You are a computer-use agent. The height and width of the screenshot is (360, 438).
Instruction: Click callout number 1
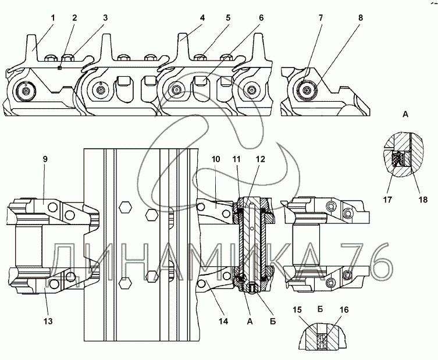[x=53, y=18]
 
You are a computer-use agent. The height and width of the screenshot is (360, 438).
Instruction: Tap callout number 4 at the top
[x=202, y=18]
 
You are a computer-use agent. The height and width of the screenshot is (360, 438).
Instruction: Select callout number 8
[x=360, y=18]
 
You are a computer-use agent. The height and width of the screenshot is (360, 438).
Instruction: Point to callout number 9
[x=45, y=159]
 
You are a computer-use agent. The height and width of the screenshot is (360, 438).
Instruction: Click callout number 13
[x=48, y=322]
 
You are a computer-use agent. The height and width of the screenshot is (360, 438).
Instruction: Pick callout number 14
[x=223, y=322]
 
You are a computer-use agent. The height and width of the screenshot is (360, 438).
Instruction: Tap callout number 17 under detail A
[x=387, y=199]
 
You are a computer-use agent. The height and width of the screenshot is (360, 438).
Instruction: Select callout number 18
[x=423, y=199]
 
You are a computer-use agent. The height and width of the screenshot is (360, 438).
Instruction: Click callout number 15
[x=297, y=310]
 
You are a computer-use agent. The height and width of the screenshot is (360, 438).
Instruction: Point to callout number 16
[x=344, y=310]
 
